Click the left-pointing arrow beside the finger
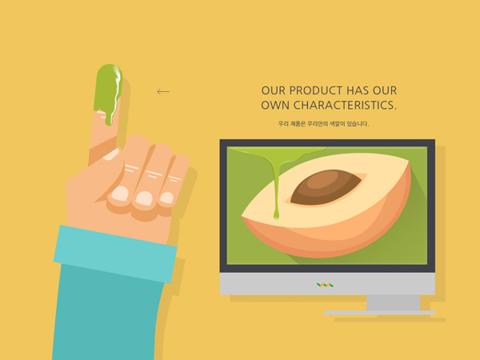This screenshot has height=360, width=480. pos(163,91)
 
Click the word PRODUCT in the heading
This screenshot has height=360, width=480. pos(316,90)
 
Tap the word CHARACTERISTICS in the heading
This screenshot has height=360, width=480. pos(345,106)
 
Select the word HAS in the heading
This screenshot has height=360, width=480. pos(358,90)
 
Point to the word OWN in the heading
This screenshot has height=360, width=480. pos(275,106)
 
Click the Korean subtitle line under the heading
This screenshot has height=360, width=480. pos(323,124)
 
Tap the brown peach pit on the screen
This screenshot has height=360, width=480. pos(326,186)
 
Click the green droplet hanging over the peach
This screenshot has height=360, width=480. pos(276,214)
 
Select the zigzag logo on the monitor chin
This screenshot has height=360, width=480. pos(325,286)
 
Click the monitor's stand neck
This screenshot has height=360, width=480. pos(394,302)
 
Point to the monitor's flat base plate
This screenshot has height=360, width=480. pos(380,313)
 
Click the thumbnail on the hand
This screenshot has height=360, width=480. pos(112,154)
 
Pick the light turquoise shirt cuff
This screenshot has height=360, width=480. pos(115,254)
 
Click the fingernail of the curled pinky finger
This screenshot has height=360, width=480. pos(167,198)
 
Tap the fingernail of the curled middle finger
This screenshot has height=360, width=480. pos(120,194)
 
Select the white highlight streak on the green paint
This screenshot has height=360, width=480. pos(116,92)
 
